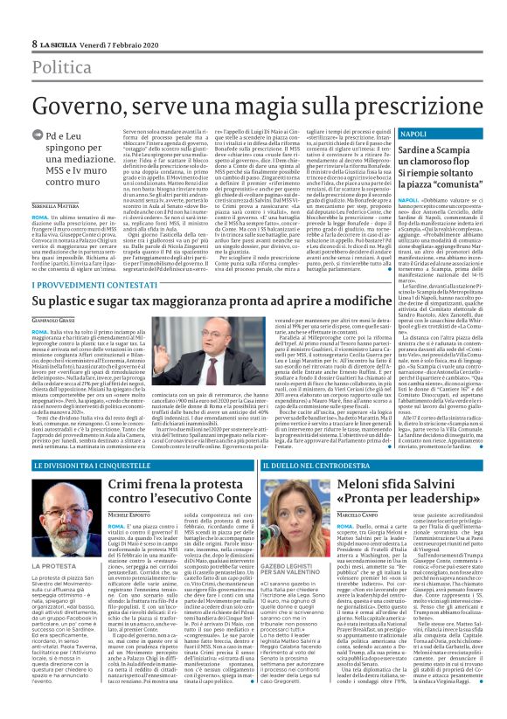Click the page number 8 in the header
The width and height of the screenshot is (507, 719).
[x=34, y=44]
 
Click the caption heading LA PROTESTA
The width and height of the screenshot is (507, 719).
[x=52, y=565]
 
